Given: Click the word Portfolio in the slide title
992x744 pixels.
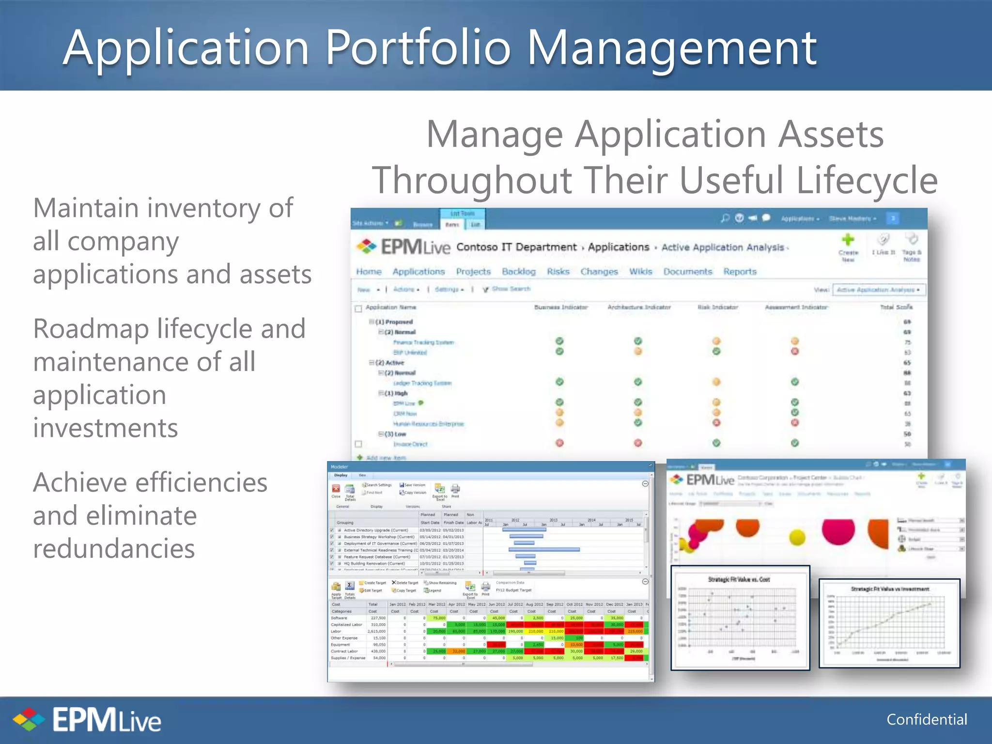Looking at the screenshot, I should click(418, 48).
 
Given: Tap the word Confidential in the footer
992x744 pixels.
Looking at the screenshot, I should click(926, 719).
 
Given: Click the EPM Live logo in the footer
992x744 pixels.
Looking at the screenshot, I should click(87, 720).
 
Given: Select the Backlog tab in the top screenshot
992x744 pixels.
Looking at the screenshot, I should click(518, 272).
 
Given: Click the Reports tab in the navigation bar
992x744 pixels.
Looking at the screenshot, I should click(740, 272).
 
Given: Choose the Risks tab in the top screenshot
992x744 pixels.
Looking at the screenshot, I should click(558, 272).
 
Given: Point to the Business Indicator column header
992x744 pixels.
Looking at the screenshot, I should click(560, 307).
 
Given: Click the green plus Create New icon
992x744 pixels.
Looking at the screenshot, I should click(848, 240).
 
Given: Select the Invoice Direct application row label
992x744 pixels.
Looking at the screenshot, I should click(410, 444).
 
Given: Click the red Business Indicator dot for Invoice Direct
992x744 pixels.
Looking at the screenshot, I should click(559, 443).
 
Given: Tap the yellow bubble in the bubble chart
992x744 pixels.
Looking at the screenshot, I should click(797, 537).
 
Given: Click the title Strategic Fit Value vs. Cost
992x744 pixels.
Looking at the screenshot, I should click(739, 579).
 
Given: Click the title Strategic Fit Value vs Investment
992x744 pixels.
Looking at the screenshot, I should click(890, 589).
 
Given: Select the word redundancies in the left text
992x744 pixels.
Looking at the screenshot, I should click(114, 549).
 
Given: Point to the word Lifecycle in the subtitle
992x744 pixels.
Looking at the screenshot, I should click(867, 180).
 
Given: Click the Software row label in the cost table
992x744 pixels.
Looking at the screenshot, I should click(339, 618).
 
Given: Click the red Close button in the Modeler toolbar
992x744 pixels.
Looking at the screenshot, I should click(336, 489).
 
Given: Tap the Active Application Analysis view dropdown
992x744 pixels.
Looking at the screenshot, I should click(878, 290).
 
